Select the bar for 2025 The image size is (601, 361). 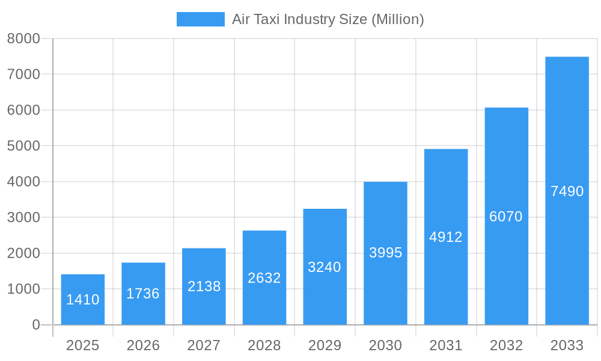83,283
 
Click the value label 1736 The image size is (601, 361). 143,294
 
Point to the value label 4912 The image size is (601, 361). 446,237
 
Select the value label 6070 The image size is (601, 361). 506,217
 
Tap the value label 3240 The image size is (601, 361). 325,267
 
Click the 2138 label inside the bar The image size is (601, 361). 204,286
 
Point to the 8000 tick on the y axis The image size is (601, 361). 23,39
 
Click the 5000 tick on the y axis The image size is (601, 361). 23,146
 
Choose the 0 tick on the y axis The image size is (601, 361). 35,325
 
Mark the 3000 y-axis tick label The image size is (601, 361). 23,217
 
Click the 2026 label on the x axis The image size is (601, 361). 143,345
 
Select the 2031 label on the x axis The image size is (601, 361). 446,345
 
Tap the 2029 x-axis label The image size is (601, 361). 325,345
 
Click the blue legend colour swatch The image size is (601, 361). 200,19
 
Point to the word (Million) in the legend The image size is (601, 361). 398,19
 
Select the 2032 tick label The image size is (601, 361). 506,345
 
